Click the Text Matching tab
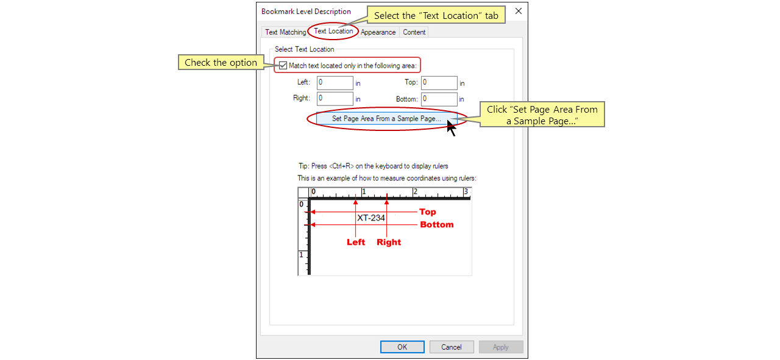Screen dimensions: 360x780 [285, 32]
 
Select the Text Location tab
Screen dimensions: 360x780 [333, 31]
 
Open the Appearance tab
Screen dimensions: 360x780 [378, 32]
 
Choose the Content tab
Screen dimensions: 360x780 [414, 32]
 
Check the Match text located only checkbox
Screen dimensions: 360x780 [283, 66]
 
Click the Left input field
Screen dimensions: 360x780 [335, 83]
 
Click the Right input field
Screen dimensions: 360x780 [335, 99]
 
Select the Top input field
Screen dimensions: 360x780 [439, 83]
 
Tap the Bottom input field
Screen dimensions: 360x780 [439, 99]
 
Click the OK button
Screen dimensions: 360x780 [402, 347]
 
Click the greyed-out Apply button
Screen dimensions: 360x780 [501, 347]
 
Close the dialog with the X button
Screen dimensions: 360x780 [519, 11]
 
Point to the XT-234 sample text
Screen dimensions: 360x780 [370, 217]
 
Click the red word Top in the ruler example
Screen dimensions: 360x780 [428, 212]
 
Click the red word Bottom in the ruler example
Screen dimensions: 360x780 [437, 225]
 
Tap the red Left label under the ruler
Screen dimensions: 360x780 [356, 242]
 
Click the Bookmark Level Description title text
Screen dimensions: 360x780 [306, 12]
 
